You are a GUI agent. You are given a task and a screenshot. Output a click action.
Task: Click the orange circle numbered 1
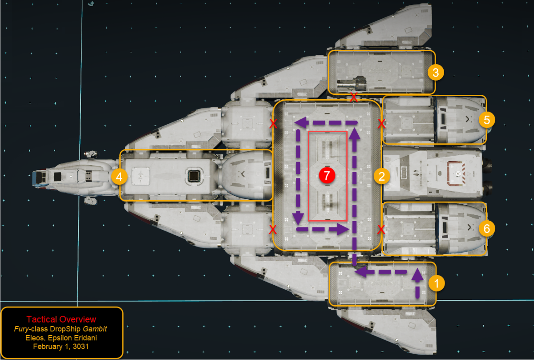click(437, 283)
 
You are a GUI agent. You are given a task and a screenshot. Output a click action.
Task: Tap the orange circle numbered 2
click(382, 176)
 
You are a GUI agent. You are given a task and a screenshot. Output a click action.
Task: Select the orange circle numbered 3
click(436, 73)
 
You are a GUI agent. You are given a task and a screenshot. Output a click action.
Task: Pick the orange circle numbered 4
click(119, 177)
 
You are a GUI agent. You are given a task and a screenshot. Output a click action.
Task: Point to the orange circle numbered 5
click(487, 120)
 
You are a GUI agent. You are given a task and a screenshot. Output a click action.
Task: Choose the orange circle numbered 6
click(487, 228)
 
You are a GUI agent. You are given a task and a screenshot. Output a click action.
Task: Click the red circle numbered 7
click(327, 175)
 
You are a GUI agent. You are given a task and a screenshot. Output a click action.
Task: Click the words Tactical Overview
click(61, 319)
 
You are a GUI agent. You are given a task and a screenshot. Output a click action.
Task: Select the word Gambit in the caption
click(95, 329)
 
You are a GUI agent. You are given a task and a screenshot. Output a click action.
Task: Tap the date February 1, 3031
click(61, 346)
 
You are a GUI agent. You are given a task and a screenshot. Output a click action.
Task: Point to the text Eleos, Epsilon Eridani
click(61, 338)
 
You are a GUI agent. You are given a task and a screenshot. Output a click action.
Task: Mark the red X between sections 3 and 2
click(354, 97)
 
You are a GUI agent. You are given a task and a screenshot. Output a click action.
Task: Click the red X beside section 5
click(382, 124)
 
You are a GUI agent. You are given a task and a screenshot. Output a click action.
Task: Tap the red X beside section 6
click(381, 229)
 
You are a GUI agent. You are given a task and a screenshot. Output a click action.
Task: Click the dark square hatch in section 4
click(194, 176)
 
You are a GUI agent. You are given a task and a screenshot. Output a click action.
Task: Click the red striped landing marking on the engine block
click(456, 173)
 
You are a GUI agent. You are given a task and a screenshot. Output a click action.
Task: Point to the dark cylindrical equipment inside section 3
click(352, 83)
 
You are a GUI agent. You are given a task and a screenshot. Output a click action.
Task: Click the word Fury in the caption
click(20, 329)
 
